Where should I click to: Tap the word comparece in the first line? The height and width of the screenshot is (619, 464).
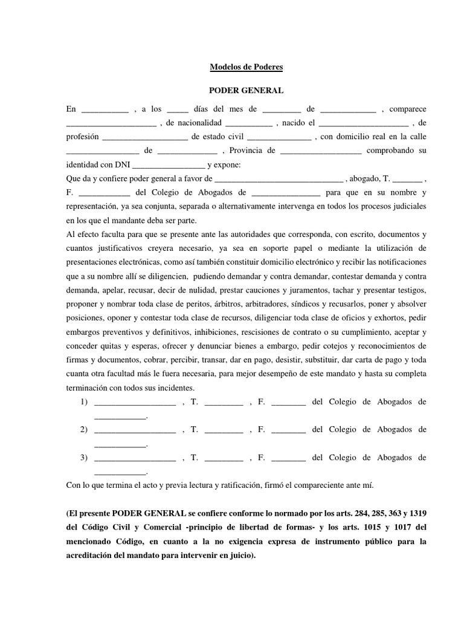pos(408,109)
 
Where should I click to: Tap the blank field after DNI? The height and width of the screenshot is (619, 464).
pos(168,164)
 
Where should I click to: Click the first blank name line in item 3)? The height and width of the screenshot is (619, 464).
pos(135,458)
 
